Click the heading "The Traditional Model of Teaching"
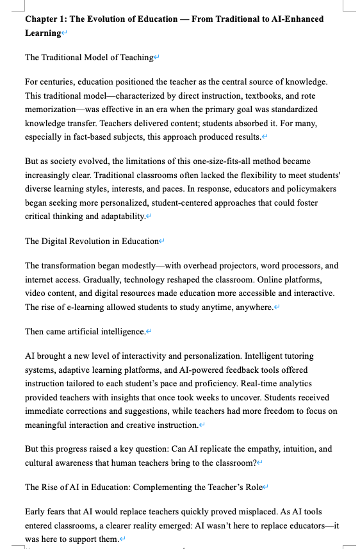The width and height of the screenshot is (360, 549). [x=89, y=58]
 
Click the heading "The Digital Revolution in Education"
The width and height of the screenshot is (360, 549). [x=92, y=241]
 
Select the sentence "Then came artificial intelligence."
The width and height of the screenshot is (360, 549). [x=85, y=331]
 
